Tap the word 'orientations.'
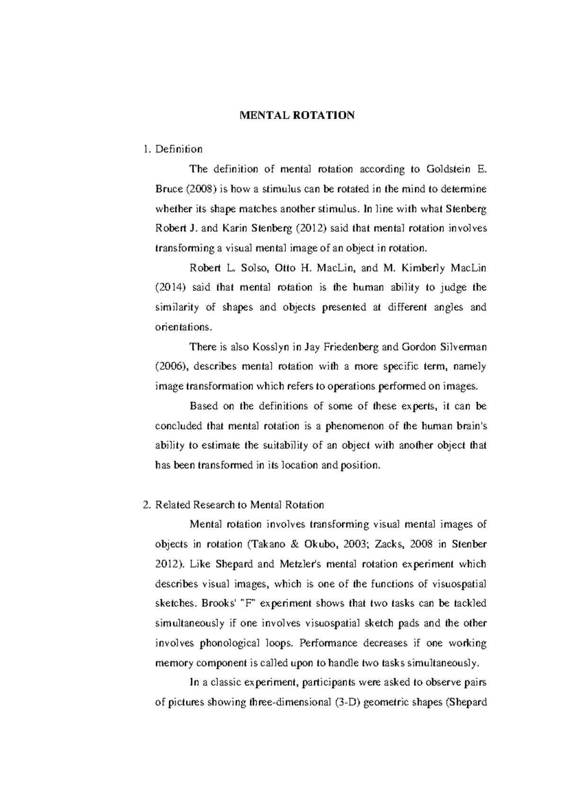[x=185, y=327]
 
